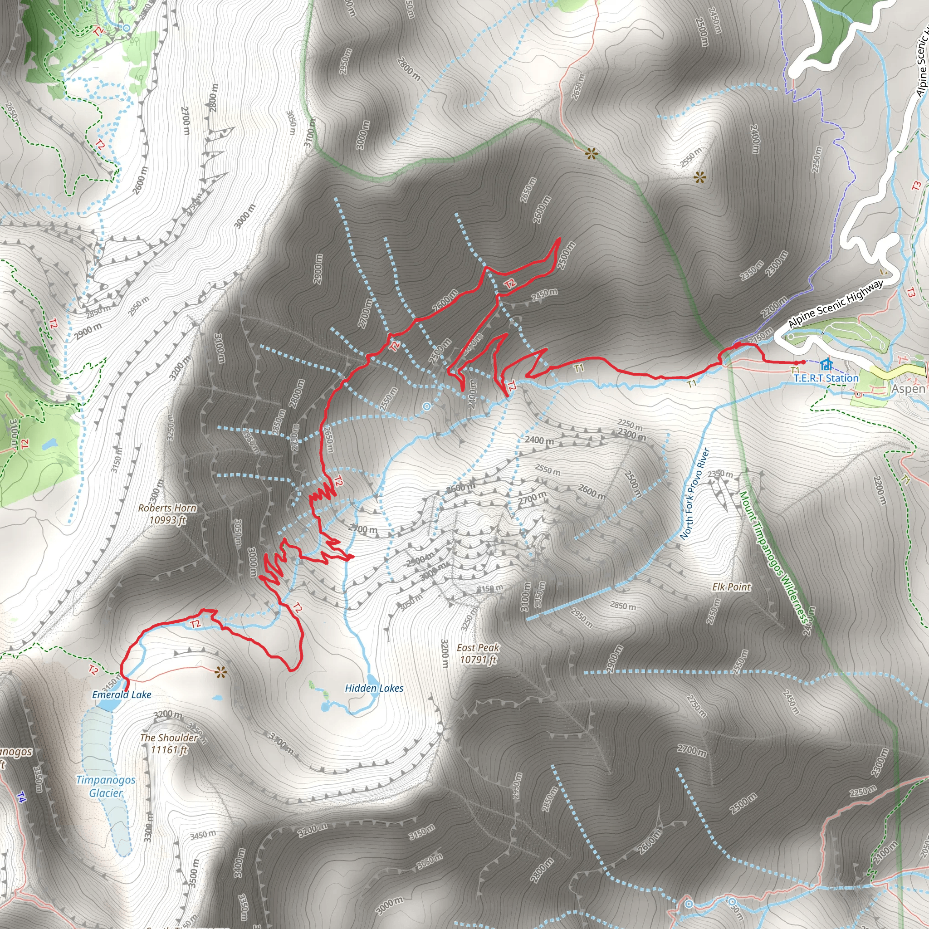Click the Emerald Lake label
[x=122, y=694]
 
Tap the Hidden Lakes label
[x=374, y=688]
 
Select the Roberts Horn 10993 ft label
[x=167, y=513]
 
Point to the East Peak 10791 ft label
[x=478, y=654]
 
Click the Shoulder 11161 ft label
[x=169, y=743]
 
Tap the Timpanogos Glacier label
[x=106, y=786]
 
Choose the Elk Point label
[x=731, y=587]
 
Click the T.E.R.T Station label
[x=826, y=378]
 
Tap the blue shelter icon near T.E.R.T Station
[x=826, y=364]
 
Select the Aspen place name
[x=908, y=389]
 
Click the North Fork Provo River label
[x=695, y=494]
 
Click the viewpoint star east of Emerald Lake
[x=221, y=672]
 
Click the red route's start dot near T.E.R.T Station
[x=803, y=362]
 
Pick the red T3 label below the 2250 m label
[x=916, y=185]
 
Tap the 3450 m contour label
[x=202, y=835]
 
